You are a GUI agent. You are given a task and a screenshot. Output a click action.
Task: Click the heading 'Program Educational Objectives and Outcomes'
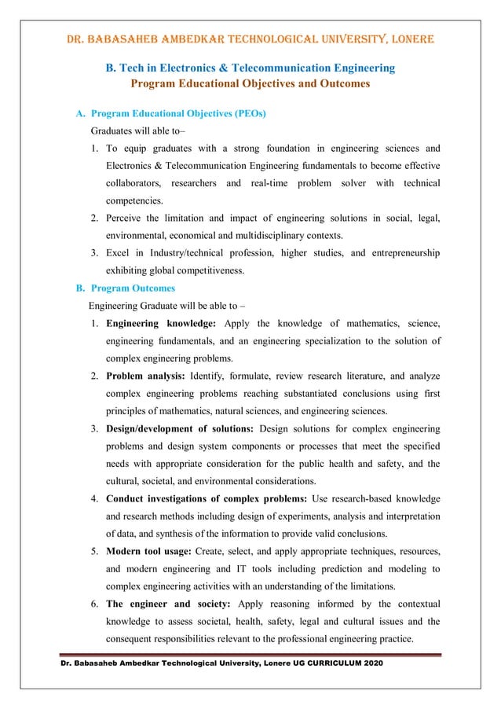tap(251, 83)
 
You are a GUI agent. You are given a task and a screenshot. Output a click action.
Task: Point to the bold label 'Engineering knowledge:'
tap(162, 323)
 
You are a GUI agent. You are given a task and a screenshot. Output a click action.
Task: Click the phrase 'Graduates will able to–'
tap(137, 130)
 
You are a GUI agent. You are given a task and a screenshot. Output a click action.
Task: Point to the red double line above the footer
tap(251, 654)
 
